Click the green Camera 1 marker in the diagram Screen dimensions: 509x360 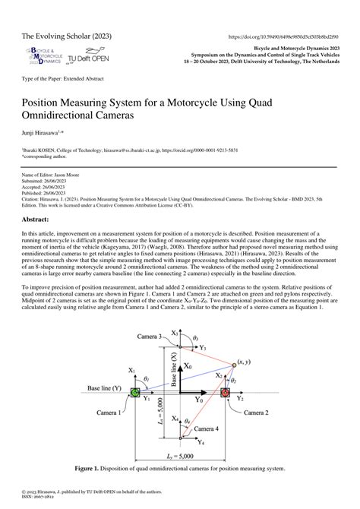(x=136, y=392)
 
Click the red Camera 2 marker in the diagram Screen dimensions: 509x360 (x=225, y=393)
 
